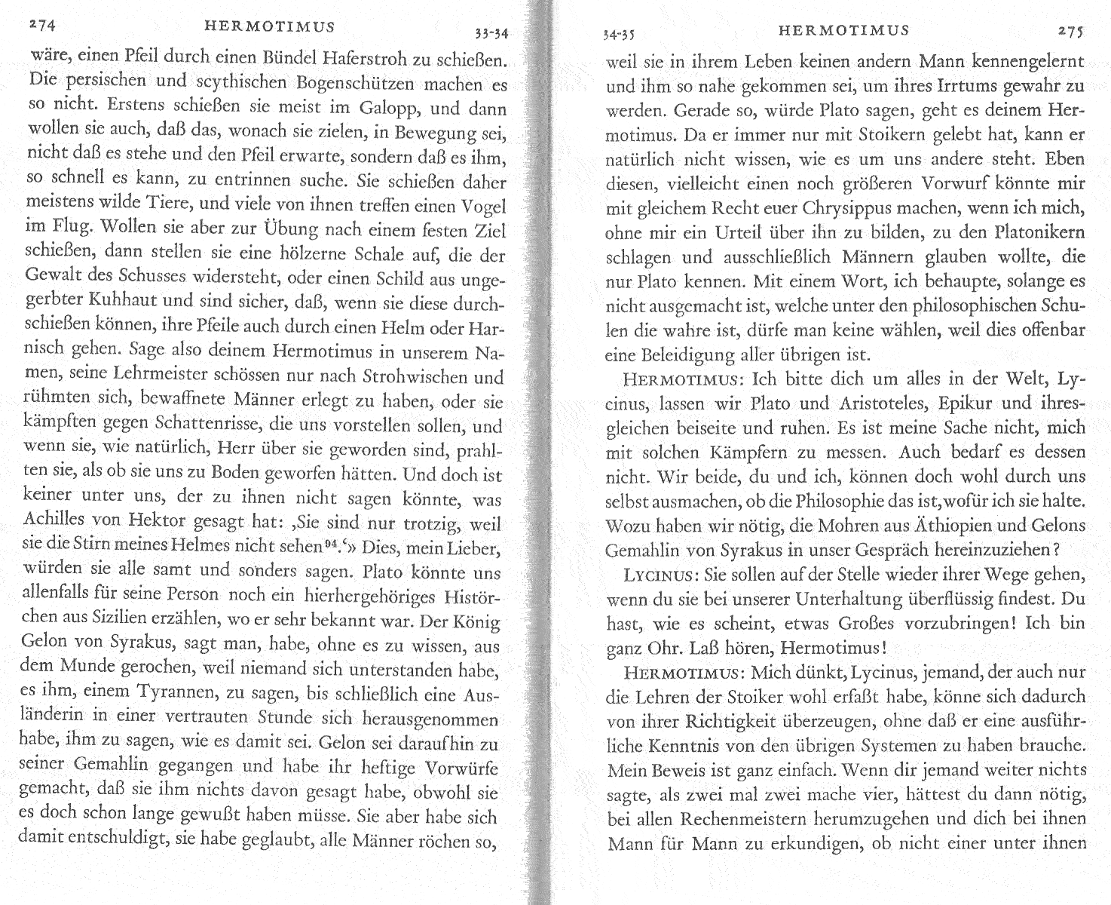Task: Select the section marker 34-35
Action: [x=620, y=33]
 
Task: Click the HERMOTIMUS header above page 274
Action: [x=270, y=27]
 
